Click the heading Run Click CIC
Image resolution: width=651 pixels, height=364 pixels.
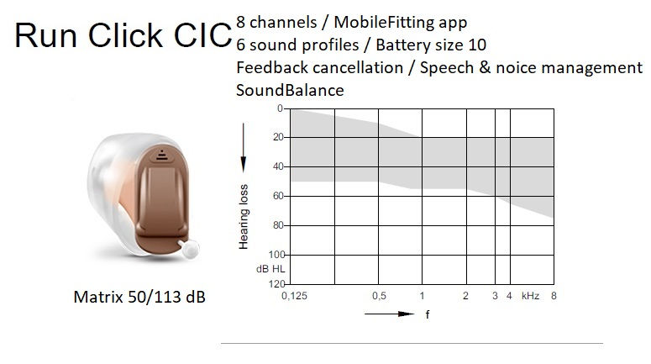click(x=123, y=35)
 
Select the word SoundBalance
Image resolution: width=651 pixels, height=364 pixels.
click(x=290, y=90)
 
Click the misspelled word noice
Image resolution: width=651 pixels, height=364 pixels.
click(x=516, y=67)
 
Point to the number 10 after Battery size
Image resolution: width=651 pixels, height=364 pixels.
click(x=476, y=45)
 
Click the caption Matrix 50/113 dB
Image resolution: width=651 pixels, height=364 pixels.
click(x=139, y=297)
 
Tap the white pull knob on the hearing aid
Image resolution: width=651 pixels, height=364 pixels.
click(x=189, y=249)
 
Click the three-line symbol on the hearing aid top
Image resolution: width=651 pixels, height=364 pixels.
click(x=162, y=155)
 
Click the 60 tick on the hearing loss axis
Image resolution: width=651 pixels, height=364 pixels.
click(x=278, y=196)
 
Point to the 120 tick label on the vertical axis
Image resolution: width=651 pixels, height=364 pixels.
click(x=276, y=284)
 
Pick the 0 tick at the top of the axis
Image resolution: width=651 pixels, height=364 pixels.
click(x=280, y=108)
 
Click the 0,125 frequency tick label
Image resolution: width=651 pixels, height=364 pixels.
click(x=294, y=296)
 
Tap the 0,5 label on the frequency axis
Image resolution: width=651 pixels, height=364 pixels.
click(x=379, y=296)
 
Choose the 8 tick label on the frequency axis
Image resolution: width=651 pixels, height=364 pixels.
click(x=554, y=296)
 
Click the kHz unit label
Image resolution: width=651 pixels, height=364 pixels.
click(x=530, y=296)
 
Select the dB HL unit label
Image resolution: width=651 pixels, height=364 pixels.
click(x=270, y=269)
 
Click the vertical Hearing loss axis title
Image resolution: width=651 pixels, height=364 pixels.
click(x=244, y=217)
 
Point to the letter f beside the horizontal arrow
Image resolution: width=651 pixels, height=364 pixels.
click(x=428, y=314)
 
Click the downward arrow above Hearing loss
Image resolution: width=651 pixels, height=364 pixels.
click(x=244, y=147)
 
